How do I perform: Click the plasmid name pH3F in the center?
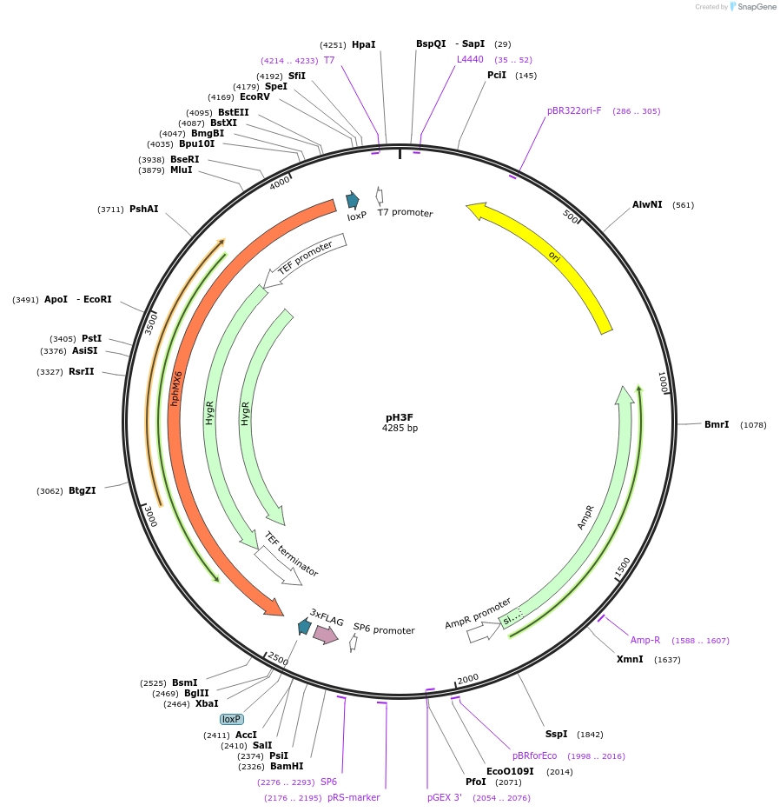(x=400, y=416)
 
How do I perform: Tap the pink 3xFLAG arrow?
(x=326, y=635)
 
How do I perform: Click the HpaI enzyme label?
(x=364, y=44)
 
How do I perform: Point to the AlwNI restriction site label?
(x=647, y=205)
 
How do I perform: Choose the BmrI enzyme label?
(x=717, y=424)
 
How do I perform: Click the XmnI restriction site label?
(x=630, y=659)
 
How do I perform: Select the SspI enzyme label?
(x=556, y=734)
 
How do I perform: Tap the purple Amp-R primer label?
(x=645, y=640)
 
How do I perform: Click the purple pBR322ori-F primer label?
(x=574, y=110)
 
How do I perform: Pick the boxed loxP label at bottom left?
(x=231, y=719)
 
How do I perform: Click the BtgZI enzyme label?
(x=83, y=490)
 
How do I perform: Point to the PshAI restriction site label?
(x=144, y=209)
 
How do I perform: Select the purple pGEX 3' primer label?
(x=445, y=797)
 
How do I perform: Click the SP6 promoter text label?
(x=384, y=629)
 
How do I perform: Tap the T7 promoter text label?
(x=405, y=213)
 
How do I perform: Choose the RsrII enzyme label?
(x=82, y=371)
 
